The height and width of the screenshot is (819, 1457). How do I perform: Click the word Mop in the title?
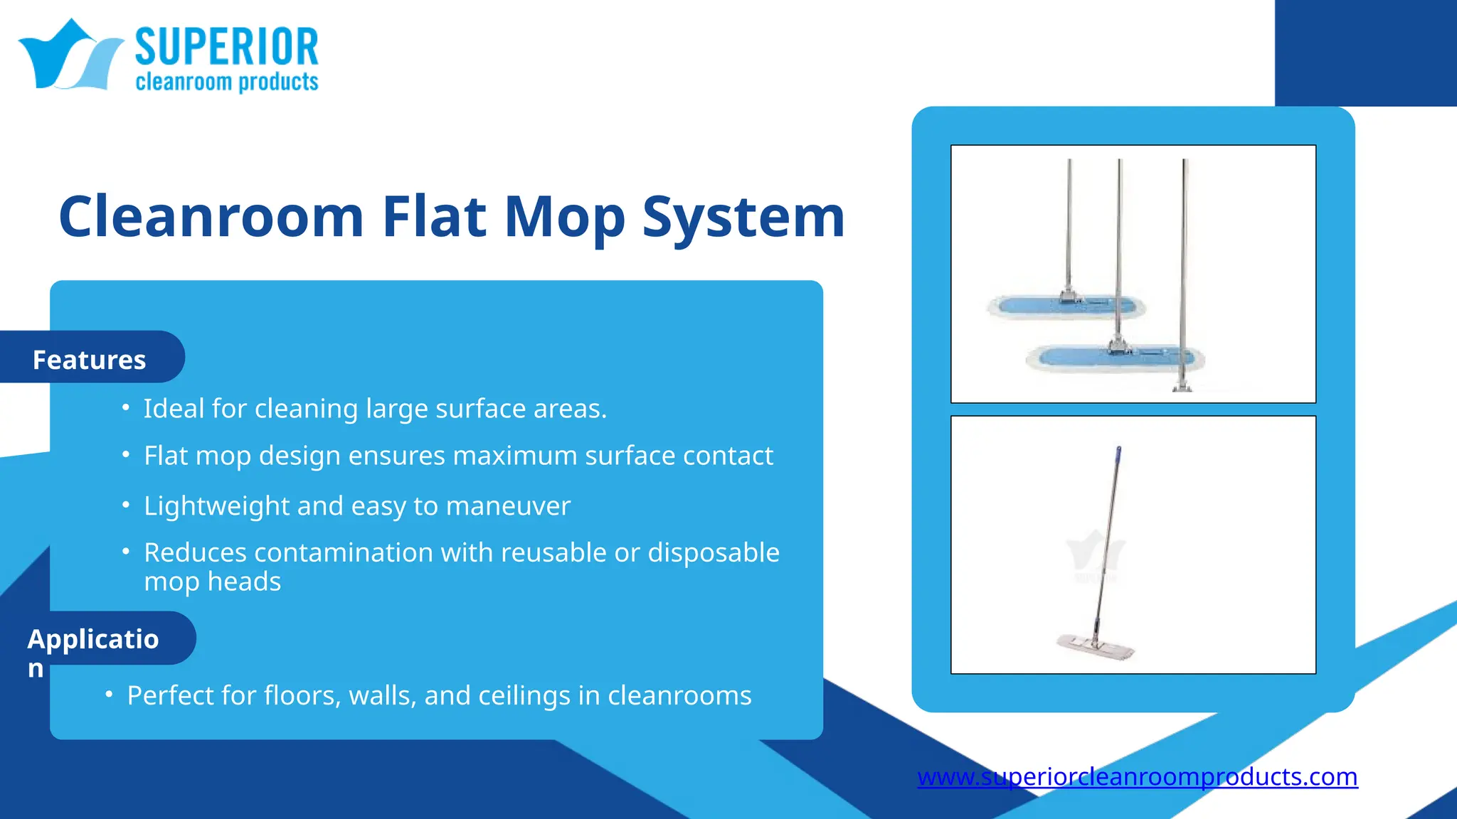pyautogui.click(x=564, y=216)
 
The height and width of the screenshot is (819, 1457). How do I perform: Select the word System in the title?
pyautogui.click(x=743, y=216)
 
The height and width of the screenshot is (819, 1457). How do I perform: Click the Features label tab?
pyautogui.click(x=90, y=360)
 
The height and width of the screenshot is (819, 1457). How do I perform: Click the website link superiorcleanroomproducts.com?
pyautogui.click(x=1137, y=776)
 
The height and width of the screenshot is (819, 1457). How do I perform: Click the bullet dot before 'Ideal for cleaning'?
pyautogui.click(x=126, y=407)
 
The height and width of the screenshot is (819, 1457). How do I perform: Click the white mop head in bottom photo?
pyautogui.click(x=1094, y=646)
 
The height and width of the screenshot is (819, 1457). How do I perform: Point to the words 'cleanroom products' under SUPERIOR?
pyautogui.click(x=226, y=82)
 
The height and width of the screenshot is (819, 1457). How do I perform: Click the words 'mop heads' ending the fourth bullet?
pyautogui.click(x=212, y=582)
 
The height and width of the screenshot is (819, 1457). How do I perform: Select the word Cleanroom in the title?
pyautogui.click(x=211, y=216)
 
